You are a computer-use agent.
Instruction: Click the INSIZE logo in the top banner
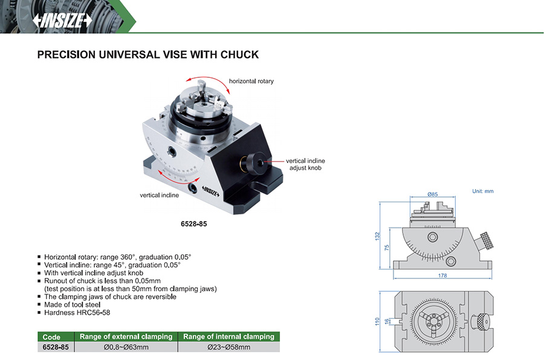pos(62,21)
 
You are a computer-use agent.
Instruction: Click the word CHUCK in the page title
pos(239,55)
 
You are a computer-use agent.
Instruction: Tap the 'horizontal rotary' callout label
pos(251,81)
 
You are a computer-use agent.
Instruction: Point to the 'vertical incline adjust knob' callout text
pos(305,164)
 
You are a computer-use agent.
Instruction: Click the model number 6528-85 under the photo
pos(193,224)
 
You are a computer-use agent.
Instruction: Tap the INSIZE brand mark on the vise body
pos(210,190)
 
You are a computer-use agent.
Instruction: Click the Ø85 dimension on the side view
pos(432,194)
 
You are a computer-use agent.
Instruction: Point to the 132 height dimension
pos(377,236)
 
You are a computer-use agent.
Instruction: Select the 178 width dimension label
pos(442,275)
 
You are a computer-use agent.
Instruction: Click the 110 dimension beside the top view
pos(377,321)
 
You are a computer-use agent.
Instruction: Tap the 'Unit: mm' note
pos(482,191)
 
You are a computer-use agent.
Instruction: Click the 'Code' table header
pos(51,337)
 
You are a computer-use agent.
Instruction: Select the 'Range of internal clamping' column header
pos(228,336)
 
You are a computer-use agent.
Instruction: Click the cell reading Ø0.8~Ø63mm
pos(126,347)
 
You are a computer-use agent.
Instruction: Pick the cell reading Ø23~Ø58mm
pos(228,347)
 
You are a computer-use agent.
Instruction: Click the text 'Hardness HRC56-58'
pos(77,312)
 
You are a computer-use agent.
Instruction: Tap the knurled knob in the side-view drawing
pos(486,240)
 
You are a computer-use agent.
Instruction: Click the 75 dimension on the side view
pos(387,248)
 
